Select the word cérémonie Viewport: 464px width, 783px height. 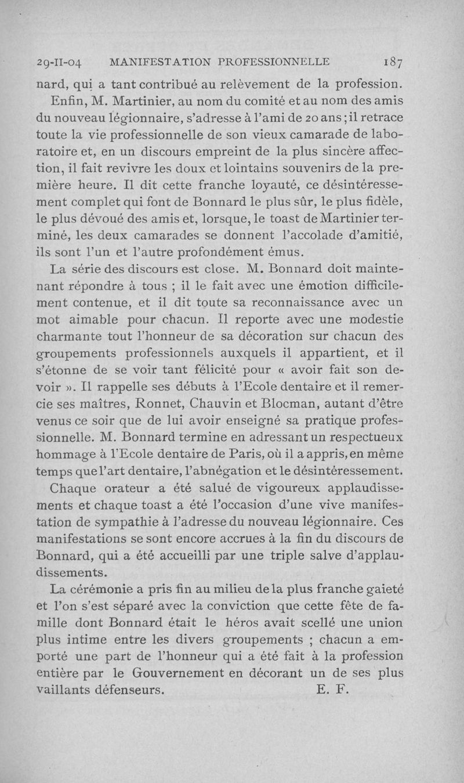click(x=109, y=590)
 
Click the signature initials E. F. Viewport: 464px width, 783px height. click(x=332, y=690)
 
